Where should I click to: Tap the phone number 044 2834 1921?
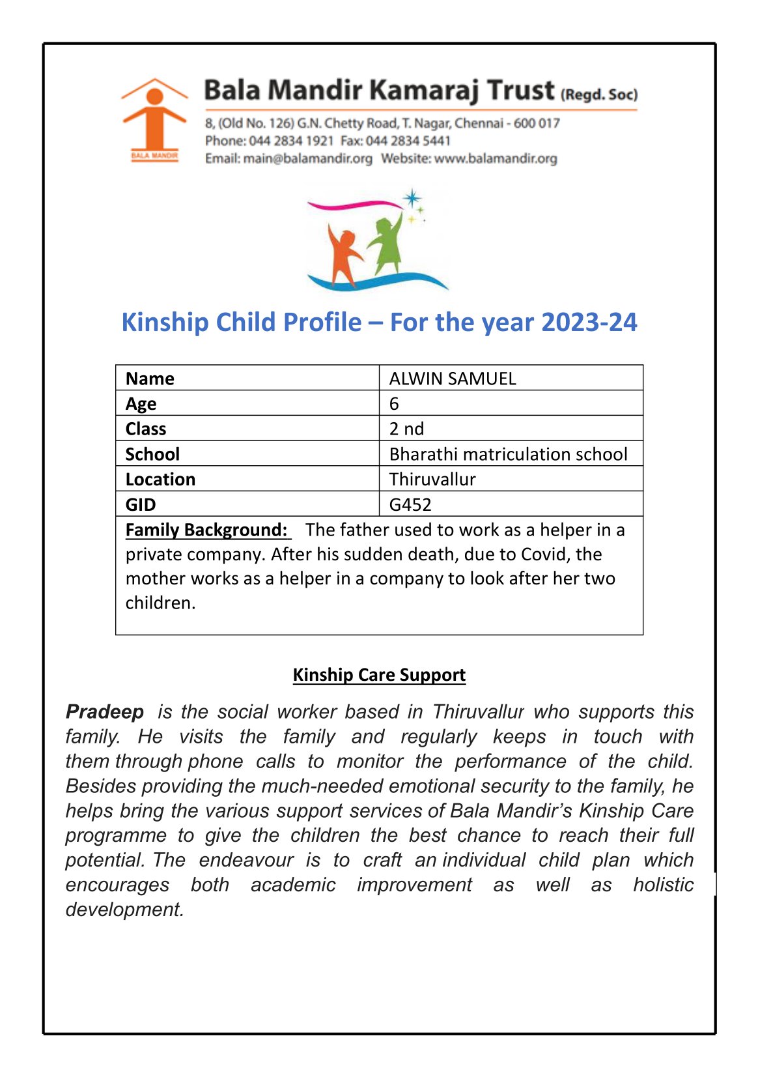(291, 141)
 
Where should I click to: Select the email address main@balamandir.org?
(307, 158)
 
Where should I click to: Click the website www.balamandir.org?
(496, 158)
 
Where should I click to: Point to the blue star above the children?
(412, 198)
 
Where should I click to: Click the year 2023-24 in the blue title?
(589, 322)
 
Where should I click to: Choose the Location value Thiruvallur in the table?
(432, 480)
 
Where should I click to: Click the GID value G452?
(410, 504)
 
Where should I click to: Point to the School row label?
(152, 454)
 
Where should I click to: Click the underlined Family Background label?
(206, 530)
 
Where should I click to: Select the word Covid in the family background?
(514, 554)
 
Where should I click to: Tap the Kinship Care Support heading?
(379, 674)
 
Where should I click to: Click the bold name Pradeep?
(105, 711)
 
